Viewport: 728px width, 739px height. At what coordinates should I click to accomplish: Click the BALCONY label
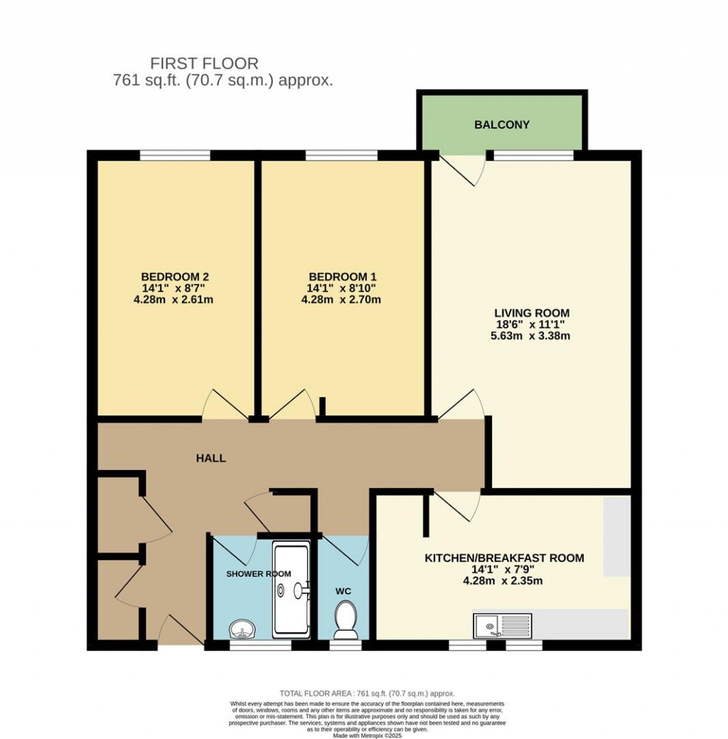502,125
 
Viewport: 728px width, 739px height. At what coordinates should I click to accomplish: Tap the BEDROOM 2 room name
174,277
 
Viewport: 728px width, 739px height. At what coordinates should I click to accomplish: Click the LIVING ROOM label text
532,313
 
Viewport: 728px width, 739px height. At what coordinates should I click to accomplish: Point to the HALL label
211,459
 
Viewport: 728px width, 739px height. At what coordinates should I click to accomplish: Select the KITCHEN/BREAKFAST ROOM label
504,558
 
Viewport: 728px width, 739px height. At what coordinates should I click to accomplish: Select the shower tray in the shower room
291,590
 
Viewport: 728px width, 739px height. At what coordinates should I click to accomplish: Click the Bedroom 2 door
224,405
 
